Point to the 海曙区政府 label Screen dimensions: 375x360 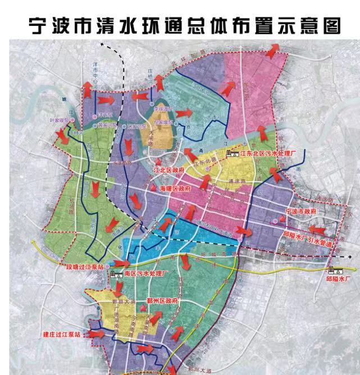[176, 188]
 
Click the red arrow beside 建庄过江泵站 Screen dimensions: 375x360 [95, 334]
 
